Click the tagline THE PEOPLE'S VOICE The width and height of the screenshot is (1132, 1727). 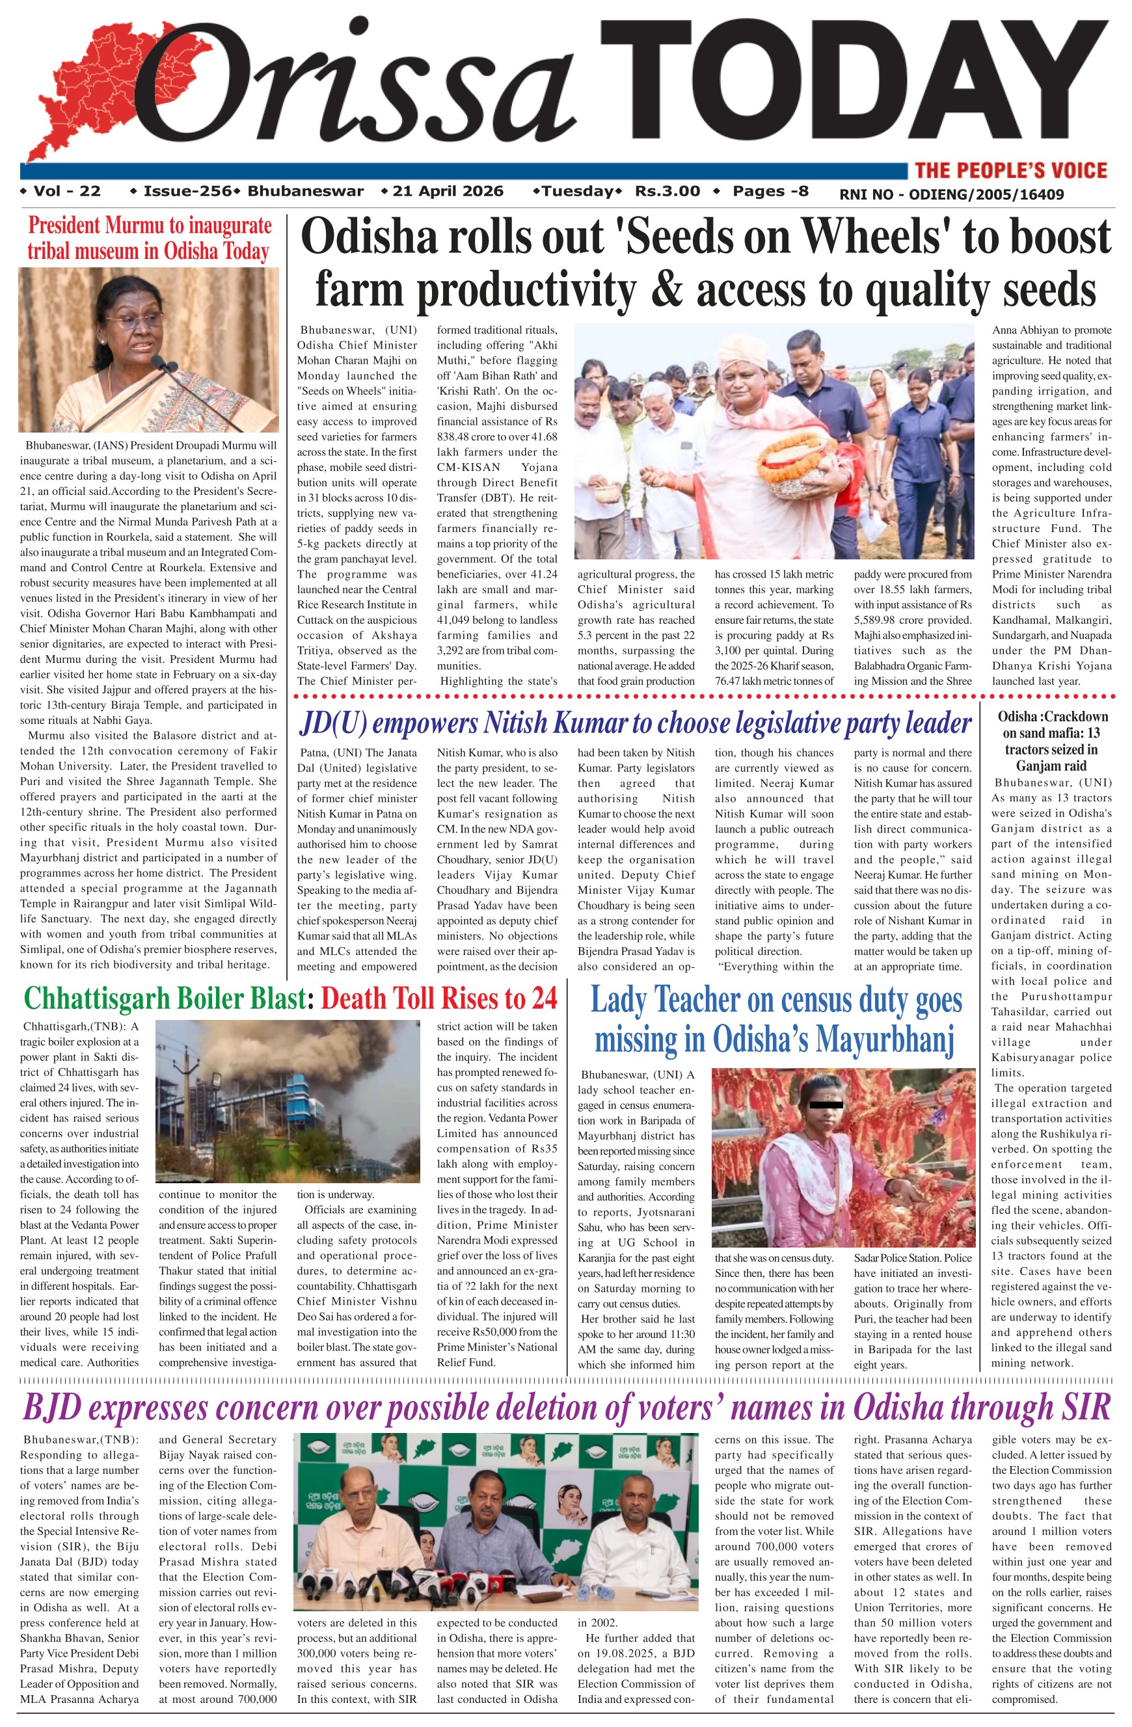(1010, 170)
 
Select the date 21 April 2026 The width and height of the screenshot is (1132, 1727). (447, 192)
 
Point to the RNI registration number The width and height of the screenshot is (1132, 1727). (951, 194)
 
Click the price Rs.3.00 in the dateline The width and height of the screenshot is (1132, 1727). (667, 192)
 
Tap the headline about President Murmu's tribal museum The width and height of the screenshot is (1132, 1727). (149, 238)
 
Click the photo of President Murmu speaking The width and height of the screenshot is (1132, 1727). (149, 350)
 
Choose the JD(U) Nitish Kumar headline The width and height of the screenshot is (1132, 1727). (635, 723)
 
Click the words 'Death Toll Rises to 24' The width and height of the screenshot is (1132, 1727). (438, 998)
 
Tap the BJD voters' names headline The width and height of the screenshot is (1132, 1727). (566, 1408)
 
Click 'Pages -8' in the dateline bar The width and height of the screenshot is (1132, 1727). (770, 192)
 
